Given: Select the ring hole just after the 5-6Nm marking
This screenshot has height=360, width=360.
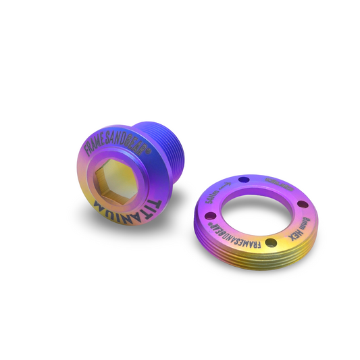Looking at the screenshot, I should tap(244, 180).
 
